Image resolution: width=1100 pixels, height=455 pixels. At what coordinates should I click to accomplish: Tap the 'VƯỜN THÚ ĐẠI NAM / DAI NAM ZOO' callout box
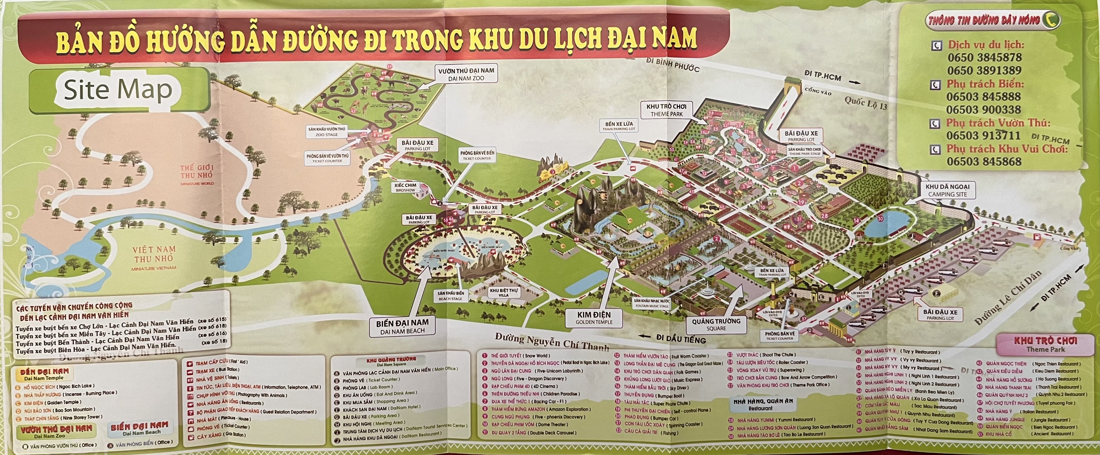466,74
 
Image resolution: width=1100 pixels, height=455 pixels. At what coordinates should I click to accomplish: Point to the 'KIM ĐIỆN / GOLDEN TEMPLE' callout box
594,317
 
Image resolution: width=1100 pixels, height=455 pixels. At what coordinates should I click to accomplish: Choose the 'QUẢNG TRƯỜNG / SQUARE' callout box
716,324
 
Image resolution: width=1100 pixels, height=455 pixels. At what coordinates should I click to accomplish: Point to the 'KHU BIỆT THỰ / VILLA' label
504,293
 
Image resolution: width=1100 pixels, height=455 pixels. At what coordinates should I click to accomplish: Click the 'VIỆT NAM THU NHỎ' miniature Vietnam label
154,254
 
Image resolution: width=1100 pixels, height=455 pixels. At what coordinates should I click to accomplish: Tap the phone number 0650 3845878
984,58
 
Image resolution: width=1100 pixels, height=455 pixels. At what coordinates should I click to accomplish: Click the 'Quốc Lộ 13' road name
866,103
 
